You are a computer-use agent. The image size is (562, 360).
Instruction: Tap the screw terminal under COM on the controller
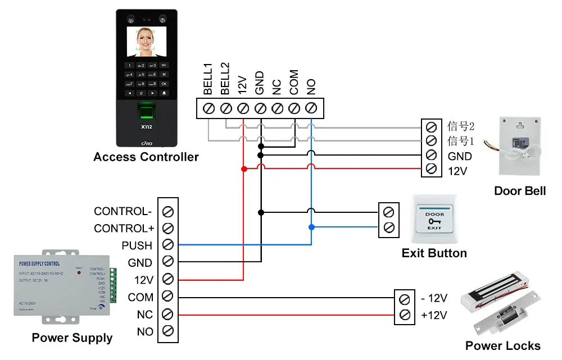pos(294,107)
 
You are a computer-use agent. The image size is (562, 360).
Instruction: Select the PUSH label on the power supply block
pos(137,245)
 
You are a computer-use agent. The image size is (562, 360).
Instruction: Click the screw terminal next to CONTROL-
pos(167,212)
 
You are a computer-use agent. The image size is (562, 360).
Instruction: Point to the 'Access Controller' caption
pos(146,157)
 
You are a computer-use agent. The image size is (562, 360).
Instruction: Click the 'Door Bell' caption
pos(520,191)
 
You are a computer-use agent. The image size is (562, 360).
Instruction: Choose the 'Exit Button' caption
pos(434,253)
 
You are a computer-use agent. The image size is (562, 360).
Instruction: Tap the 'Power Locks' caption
pos(503,346)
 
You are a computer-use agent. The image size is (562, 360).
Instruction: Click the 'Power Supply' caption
pos(72,338)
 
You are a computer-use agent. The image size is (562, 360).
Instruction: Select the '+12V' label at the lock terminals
pos(434,315)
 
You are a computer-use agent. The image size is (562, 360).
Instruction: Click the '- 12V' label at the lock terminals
pos(434,298)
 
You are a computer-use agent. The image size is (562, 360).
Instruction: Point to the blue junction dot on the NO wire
pos(311,227)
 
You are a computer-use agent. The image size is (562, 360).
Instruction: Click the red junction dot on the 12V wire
pos(243,168)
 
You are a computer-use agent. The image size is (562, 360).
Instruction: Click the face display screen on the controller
pos(146,43)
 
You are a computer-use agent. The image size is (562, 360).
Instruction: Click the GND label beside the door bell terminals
pos(459,156)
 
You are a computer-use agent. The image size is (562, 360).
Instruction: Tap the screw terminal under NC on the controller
pos(277,107)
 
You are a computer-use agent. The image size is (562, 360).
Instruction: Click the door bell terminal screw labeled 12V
pos(432,169)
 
